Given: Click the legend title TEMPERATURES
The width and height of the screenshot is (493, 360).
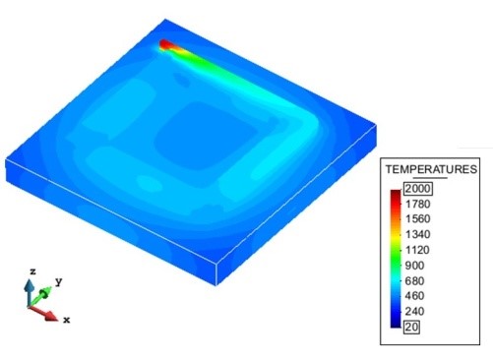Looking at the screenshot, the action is [x=431, y=169].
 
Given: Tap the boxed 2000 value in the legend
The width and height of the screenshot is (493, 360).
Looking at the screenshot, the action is [x=418, y=189].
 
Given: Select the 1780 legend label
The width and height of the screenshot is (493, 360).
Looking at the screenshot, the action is [x=417, y=204].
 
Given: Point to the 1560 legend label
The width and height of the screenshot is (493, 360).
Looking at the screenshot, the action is [x=417, y=219].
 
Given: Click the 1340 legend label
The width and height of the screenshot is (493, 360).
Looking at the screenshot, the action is [x=417, y=234].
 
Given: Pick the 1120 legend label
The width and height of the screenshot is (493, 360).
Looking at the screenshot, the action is [x=417, y=250].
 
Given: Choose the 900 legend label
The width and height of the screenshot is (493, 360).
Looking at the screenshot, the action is [x=414, y=266].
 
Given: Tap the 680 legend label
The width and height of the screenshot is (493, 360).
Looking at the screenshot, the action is [x=414, y=280].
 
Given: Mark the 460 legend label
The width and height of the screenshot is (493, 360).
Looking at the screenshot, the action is [x=414, y=296].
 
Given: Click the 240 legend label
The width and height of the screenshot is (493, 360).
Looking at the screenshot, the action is [x=414, y=311].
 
